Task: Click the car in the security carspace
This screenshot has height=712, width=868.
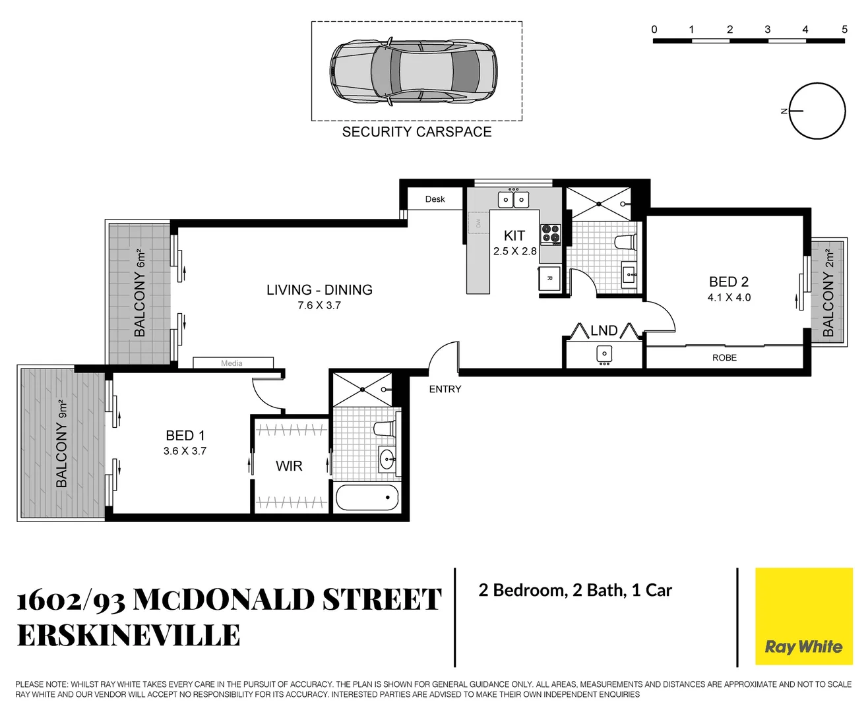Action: pos(414,71)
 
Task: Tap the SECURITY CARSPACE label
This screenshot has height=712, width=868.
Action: pos(416,132)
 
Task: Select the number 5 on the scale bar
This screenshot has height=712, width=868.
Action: pos(844,29)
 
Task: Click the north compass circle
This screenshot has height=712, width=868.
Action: pos(817,111)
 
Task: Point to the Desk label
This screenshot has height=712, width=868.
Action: pos(435,199)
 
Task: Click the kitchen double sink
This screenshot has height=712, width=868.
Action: pos(513,199)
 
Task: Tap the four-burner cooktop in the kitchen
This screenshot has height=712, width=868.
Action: pos(551,234)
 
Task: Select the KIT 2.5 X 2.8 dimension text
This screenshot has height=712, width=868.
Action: pos(514,251)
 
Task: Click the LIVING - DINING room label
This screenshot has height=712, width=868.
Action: pos(319,290)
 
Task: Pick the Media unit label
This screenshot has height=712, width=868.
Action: pos(232,363)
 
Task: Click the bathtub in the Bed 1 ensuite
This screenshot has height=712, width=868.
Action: pos(367,498)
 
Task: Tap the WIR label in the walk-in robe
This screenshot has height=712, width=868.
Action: pos(289,466)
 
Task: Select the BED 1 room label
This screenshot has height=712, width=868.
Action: pos(185,436)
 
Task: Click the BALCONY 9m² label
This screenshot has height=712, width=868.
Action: pos(62,444)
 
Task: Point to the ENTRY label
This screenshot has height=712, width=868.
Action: pos(445,390)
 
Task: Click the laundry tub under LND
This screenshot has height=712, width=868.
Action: pos(604,355)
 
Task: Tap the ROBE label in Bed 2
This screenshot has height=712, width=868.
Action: pos(724,358)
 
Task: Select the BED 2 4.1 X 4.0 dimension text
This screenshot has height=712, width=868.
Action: pos(729,298)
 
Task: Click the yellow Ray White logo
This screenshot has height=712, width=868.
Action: pos(803,616)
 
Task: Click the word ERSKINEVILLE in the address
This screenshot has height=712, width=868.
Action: pos(129,636)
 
